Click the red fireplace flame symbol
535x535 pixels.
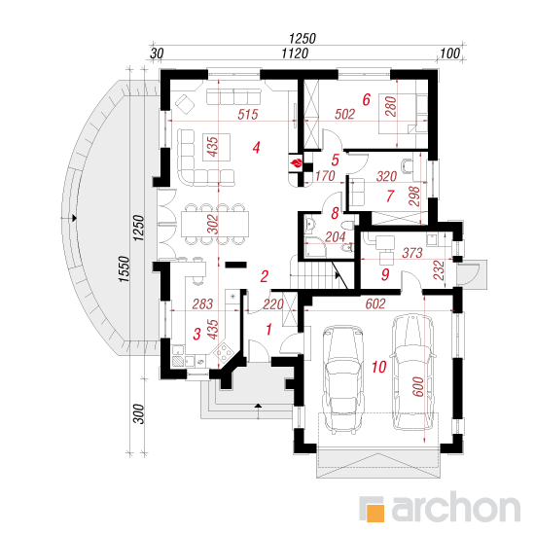pyautogui.click(x=296, y=163)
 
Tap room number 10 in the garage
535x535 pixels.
pyautogui.click(x=378, y=367)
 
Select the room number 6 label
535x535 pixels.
pyautogui.click(x=366, y=99)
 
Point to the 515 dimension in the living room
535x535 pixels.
pyautogui.click(x=248, y=115)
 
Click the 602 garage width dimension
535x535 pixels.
pyautogui.click(x=375, y=303)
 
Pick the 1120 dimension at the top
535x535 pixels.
pyautogui.click(x=295, y=53)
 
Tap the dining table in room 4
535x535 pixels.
pyautogui.click(x=215, y=224)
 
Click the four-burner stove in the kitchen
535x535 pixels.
pyautogui.click(x=223, y=352)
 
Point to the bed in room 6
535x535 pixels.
pyautogui.click(x=403, y=114)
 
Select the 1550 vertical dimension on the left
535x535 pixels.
pyautogui.click(x=125, y=269)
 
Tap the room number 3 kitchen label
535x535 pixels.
pyautogui.click(x=196, y=334)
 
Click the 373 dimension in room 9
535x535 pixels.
pyautogui.click(x=412, y=253)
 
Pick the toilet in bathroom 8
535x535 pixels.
pyautogui.click(x=348, y=226)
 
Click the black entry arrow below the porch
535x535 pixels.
pyautogui.click(x=259, y=406)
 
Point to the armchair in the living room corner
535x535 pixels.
pyautogui.click(x=184, y=104)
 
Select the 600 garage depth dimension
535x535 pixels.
pyautogui.click(x=418, y=386)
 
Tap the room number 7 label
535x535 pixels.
pyautogui.click(x=390, y=196)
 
